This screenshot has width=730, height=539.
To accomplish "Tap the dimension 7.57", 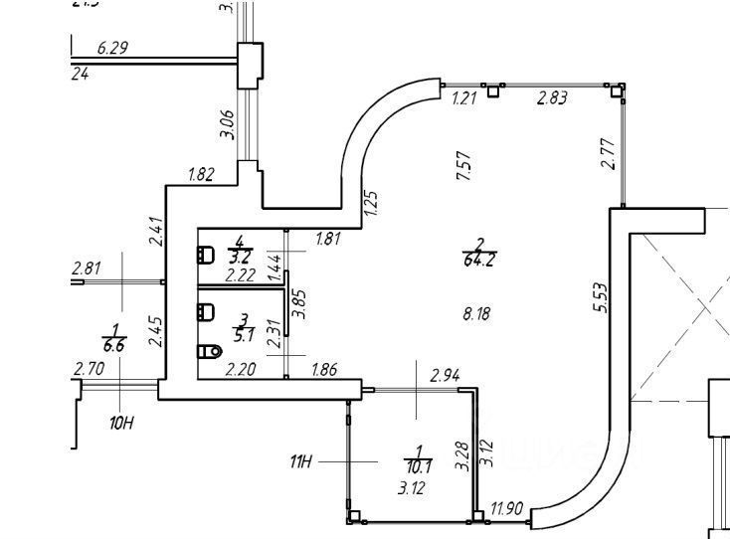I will click(461, 165).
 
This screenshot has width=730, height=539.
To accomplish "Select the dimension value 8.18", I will click(477, 314).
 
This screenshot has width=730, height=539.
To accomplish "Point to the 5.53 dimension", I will click(599, 298).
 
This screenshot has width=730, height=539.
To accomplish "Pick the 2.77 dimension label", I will click(609, 155).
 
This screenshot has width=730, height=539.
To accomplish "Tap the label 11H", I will click(301, 461).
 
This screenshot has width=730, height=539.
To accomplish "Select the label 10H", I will click(121, 423).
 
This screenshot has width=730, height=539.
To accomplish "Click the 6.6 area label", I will click(114, 346).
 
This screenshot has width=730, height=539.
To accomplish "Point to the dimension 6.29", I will click(113, 47).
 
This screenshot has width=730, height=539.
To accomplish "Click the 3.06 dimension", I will click(226, 124).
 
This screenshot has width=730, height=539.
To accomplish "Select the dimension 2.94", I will click(445, 376).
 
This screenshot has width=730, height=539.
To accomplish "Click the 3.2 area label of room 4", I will click(239, 253).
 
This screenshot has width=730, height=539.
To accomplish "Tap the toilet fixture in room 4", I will click(207, 255).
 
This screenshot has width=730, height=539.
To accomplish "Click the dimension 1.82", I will click(201, 175).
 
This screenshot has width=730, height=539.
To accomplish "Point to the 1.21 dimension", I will click(464, 97).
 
